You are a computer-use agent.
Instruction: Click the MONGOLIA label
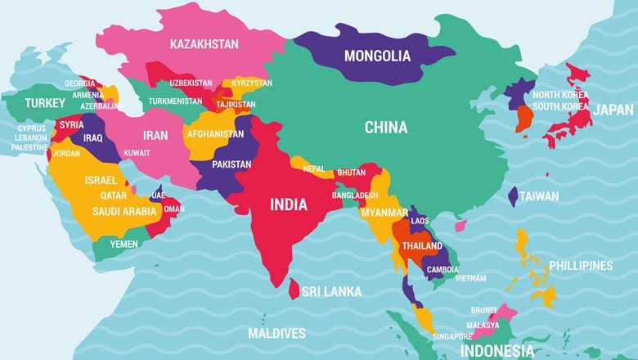point(376,56)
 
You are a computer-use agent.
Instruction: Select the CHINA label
point(386,127)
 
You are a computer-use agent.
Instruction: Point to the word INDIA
point(289,204)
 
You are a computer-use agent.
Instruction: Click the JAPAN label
point(613,110)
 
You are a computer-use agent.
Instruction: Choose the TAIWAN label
point(540,196)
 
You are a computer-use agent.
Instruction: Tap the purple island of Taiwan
point(513,196)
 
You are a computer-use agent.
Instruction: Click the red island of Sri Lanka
point(294,289)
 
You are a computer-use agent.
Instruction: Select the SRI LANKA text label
point(331,290)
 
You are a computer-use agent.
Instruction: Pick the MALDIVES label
point(276,333)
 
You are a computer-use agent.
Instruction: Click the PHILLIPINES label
point(581,265)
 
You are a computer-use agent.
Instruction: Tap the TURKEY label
point(44,103)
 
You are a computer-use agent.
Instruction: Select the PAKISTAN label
point(231,164)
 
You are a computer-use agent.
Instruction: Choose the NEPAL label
point(314,169)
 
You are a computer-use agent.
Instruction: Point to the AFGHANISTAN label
point(215,133)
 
